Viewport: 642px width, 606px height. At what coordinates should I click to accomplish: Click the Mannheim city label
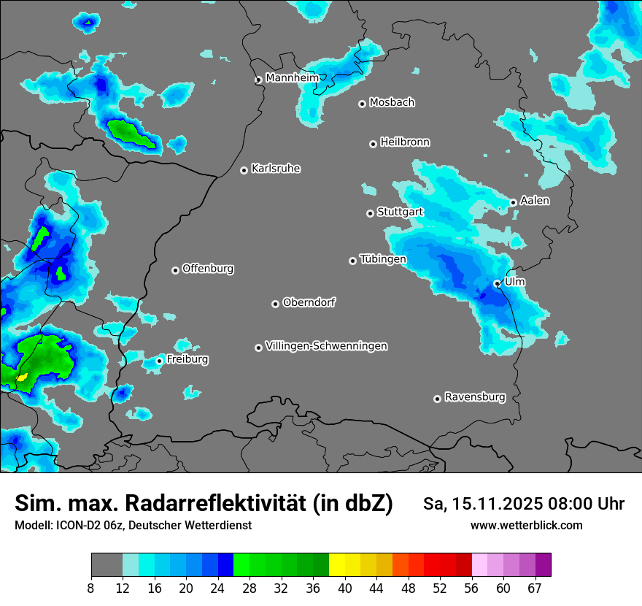coord(292,77)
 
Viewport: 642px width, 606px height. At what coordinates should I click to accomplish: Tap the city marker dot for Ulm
coord(497,284)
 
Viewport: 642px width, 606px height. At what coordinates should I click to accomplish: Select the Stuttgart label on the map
coord(400,212)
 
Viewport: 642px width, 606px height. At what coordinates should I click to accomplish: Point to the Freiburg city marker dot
coord(159,361)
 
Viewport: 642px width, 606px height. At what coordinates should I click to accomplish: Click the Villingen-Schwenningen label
coord(326,346)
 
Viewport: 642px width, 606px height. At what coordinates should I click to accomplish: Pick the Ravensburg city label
coord(475,397)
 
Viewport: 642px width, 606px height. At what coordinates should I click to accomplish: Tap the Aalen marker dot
coord(513,202)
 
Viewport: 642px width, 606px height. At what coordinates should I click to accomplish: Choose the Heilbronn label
coord(405,142)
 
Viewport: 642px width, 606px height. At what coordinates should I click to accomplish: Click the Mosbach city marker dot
coord(362,104)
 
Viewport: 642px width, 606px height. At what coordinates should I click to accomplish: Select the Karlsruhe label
coord(276,169)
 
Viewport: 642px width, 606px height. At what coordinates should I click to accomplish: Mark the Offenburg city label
coord(208,269)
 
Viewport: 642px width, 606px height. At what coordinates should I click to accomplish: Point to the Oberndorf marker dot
coord(275,304)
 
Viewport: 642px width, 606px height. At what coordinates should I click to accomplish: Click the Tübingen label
coord(383,259)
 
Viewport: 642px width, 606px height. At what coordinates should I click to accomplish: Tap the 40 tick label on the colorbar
coord(344,588)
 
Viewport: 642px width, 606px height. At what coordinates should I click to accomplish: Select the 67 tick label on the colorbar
coord(535,588)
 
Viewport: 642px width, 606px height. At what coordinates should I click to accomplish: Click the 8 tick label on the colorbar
coord(90,588)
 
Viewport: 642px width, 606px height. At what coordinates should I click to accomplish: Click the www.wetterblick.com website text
coord(526,525)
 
